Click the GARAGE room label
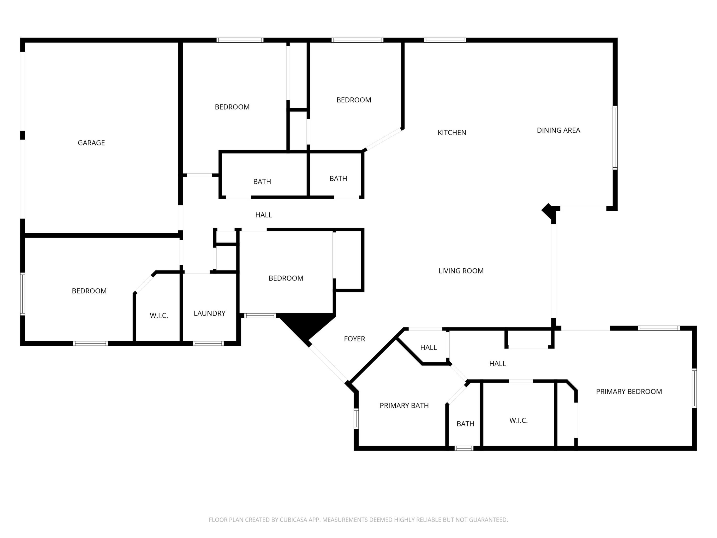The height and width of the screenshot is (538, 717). pos(91,143)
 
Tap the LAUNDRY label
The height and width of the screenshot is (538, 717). pos(209,313)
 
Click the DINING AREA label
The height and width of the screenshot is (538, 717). pos(558,130)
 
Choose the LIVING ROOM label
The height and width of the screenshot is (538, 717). pos(461,271)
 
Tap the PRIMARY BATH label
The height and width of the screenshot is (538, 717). pos(404,405)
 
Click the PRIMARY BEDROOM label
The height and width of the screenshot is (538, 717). pos(629,392)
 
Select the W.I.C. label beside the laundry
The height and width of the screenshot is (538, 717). pos(159,316)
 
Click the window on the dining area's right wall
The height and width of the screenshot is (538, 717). pos(615,137)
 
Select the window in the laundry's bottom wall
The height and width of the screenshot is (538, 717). pos(208,343)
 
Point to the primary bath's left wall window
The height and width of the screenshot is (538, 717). pos(356,419)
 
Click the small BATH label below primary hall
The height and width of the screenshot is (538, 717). pos(465,424)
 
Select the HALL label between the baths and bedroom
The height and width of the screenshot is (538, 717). pos(264,215)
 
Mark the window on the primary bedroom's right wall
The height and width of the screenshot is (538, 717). pos(694,388)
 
